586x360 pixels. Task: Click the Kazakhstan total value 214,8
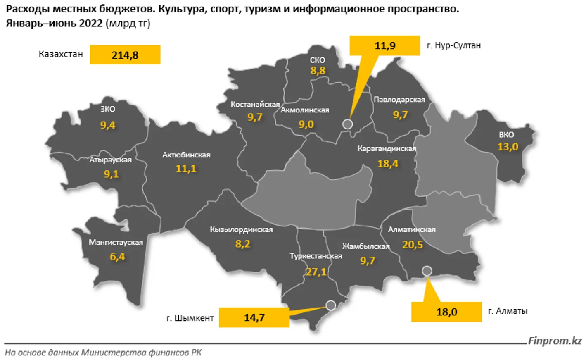tap(125, 55)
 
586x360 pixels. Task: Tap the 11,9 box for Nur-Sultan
tap(385, 45)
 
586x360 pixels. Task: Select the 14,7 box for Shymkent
tap(254, 317)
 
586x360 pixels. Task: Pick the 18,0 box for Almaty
tap(446, 312)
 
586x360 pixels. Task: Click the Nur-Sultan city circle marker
tap(348, 124)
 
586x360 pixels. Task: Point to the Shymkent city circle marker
tap(330, 305)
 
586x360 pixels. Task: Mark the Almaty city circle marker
tap(427, 271)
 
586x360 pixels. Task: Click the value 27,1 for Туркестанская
tap(316, 272)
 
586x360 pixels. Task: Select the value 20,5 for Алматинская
tap(412, 245)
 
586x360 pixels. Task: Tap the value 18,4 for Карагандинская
tap(387, 164)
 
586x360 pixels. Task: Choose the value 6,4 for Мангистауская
tap(117, 257)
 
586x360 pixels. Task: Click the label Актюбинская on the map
tap(186, 155)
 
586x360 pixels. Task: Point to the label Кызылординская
tap(241, 229)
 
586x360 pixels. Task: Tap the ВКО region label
tap(506, 135)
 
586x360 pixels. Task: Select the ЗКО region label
tap(108, 109)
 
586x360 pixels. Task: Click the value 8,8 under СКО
tap(318, 71)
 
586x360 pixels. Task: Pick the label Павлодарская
tap(399, 100)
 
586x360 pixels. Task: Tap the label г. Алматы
tap(508, 311)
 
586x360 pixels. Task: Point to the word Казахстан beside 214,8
tap(61, 54)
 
